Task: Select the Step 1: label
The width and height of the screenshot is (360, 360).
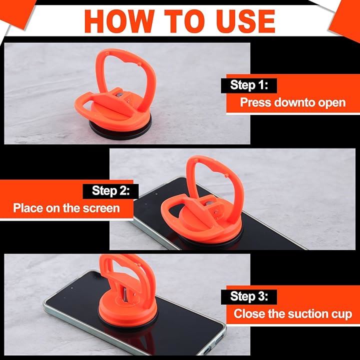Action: click(x=249, y=85)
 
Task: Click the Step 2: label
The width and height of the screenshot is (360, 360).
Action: click(x=110, y=191)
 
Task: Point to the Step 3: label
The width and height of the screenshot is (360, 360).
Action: click(x=249, y=296)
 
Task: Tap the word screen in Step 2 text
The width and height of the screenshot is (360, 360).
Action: click(x=101, y=208)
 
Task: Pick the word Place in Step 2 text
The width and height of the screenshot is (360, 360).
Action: click(x=28, y=208)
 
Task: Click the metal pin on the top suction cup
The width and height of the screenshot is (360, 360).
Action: click(x=119, y=95)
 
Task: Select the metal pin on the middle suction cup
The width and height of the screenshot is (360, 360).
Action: click(x=209, y=203)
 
